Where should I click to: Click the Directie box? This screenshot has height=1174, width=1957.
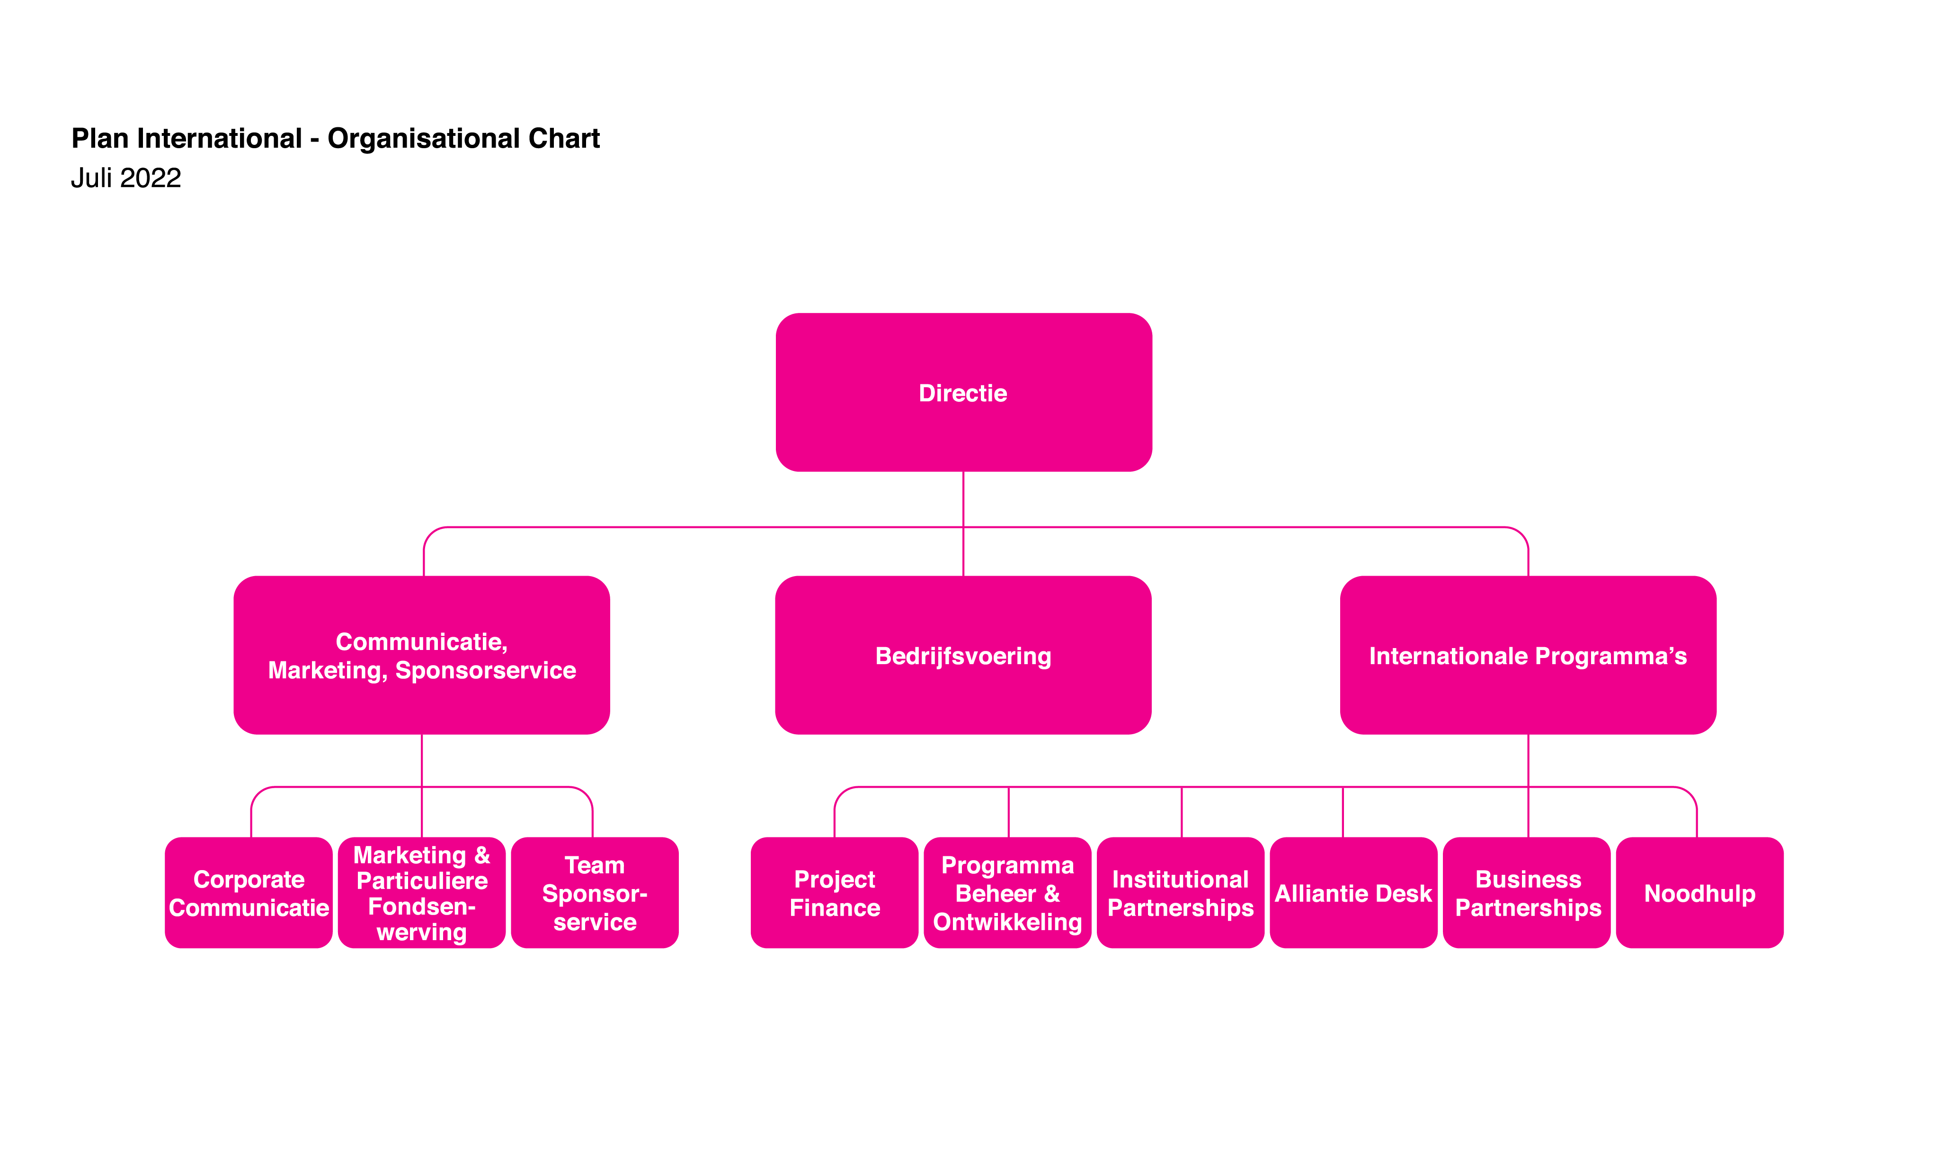tap(963, 392)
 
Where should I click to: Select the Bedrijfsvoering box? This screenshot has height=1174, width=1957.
tap(963, 655)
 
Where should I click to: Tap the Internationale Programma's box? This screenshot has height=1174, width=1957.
tap(1528, 655)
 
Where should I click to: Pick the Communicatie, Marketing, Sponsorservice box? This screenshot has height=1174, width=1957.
tap(422, 655)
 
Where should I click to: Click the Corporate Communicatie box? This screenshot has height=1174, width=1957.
tap(249, 892)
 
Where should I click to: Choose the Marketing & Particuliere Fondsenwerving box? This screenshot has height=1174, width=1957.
tap(422, 892)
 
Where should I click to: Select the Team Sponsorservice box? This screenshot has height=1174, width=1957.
tap(595, 892)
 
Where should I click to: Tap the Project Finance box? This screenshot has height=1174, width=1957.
tap(835, 892)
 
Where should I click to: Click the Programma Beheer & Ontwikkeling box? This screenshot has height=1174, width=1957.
tap(1008, 892)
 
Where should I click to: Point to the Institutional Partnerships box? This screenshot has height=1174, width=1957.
tap(1181, 892)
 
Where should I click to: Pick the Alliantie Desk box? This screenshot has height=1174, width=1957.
tap(1353, 892)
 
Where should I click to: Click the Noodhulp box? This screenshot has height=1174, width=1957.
tap(1700, 892)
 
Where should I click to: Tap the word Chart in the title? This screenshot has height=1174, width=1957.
tap(564, 138)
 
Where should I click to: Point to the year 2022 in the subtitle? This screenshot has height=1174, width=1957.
tap(150, 178)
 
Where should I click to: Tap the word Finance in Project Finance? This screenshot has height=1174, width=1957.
tap(835, 907)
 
